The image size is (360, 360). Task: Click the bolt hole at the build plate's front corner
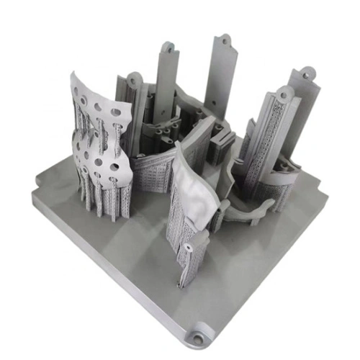point(196,337)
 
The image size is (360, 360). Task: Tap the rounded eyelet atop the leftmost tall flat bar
point(169,48)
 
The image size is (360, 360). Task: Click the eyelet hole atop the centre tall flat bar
point(225,40)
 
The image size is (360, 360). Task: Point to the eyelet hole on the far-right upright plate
point(308,73)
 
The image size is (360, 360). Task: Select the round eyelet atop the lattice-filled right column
point(286,93)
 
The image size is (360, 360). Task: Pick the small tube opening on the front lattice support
point(187,248)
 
